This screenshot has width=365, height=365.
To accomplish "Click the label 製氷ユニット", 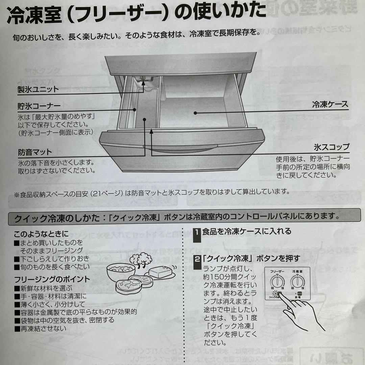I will pos(38,90).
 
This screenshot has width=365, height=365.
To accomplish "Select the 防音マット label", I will pos(35,152).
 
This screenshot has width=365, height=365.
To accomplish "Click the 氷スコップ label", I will pos(331,147).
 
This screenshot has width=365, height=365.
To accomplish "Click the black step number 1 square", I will pos(197,233).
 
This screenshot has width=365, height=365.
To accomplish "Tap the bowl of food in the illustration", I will pos(121,270).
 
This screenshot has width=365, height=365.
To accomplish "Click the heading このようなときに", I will pos(41,234).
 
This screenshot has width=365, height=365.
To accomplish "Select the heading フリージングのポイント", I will pos(52,279).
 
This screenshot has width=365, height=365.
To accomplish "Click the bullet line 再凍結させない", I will pos(43,328).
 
